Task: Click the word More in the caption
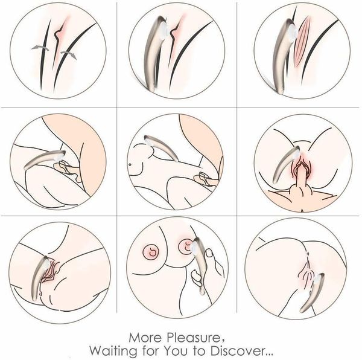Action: [145, 338]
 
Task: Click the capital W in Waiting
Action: [97, 351]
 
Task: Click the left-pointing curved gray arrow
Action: [40, 48]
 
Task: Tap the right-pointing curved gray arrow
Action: [69, 55]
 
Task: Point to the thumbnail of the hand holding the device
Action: [177, 267]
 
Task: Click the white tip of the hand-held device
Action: [192, 248]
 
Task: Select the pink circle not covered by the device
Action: [151, 252]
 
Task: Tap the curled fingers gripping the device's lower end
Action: [195, 278]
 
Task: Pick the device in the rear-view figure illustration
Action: [312, 294]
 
